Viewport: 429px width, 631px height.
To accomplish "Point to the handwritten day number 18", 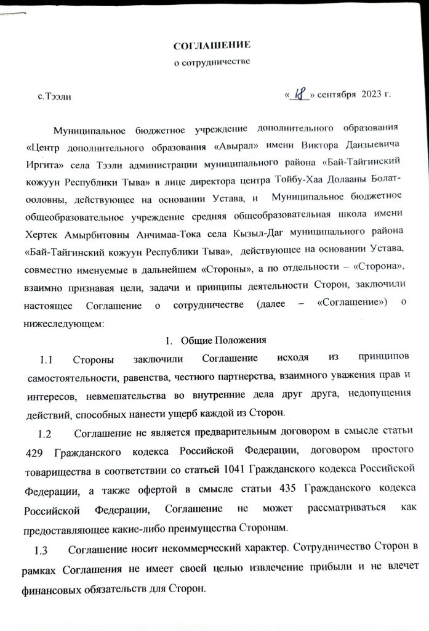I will click(301, 95).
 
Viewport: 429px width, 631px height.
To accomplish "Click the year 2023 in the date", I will click(373, 94).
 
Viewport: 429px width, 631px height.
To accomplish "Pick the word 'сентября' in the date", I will click(338, 95).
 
